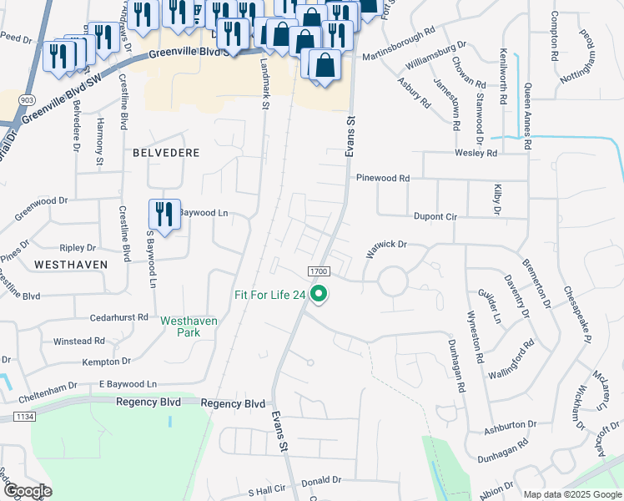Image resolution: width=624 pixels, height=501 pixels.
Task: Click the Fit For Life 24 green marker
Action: (318, 294)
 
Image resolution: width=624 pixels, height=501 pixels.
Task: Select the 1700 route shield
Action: (320, 271)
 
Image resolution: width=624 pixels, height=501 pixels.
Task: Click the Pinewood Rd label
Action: (383, 179)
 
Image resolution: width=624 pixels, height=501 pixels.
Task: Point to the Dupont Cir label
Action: (436, 216)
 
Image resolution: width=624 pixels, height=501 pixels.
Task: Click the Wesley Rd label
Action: (476, 154)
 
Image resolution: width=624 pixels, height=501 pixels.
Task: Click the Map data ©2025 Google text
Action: (571, 493)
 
